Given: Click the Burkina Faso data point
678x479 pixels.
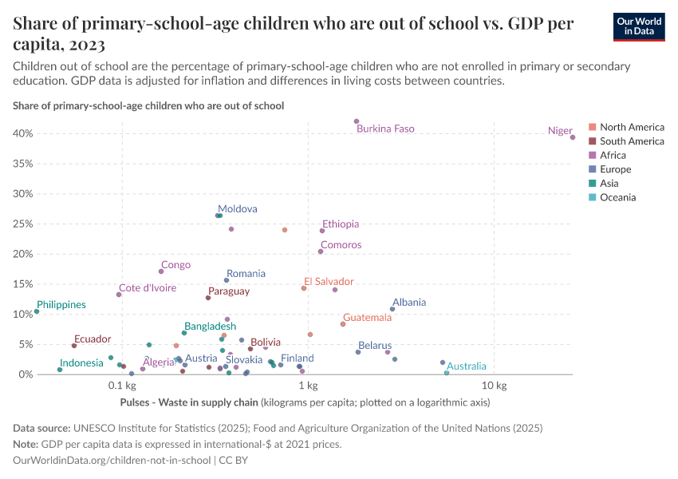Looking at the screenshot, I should coord(357,121).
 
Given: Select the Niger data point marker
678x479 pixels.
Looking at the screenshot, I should coord(573,137).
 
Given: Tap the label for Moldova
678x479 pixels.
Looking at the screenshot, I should coord(238,209).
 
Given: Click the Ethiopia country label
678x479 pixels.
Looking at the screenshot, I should coord(341,224).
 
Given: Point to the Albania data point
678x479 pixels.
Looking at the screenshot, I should coord(392,309).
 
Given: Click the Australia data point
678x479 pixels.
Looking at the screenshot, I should coord(447,373).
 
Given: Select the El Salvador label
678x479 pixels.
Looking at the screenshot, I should coord(328,282).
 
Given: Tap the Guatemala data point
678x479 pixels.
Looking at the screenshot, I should coord(343,324).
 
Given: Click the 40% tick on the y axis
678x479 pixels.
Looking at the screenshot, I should coord(22,133).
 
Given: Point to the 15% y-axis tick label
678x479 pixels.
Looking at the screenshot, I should coord(22,284).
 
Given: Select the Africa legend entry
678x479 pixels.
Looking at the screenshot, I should coord(613,156).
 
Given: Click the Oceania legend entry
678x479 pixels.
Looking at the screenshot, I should coord(617,197).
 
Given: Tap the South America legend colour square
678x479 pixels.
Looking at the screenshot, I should coord(592,141).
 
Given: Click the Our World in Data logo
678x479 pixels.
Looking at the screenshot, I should coord(638,26).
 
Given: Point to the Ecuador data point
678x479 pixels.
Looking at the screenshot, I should coord(74,346).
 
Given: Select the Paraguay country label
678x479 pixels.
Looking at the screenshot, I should coord(229,291).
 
